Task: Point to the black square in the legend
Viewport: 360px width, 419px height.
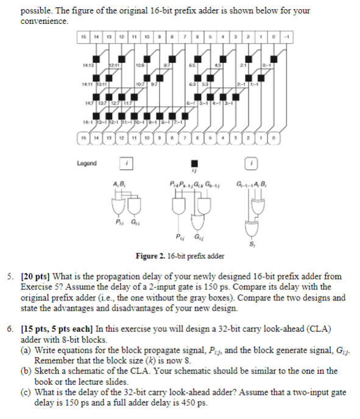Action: [194, 163]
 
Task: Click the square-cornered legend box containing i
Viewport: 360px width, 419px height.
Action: [125, 163]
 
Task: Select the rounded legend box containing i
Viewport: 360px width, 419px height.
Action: [255, 163]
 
